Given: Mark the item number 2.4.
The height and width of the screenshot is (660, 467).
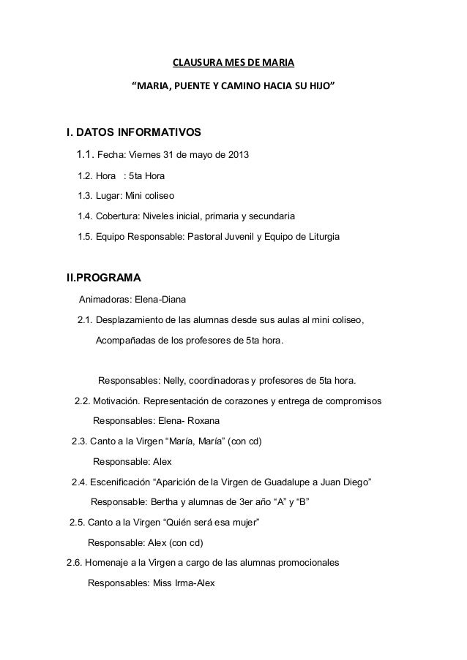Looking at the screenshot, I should (79, 482).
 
